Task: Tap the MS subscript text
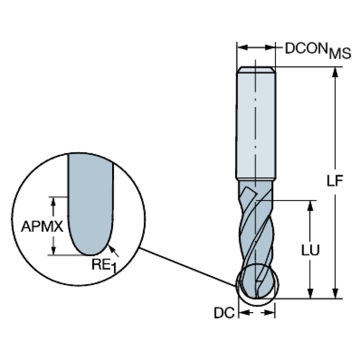click(x=339, y=54)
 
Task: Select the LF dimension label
click(x=336, y=180)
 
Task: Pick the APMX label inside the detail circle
click(x=42, y=227)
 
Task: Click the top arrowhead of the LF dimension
click(x=335, y=72)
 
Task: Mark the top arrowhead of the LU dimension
click(x=310, y=205)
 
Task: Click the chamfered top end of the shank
click(x=255, y=70)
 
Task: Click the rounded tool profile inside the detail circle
click(x=90, y=207)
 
